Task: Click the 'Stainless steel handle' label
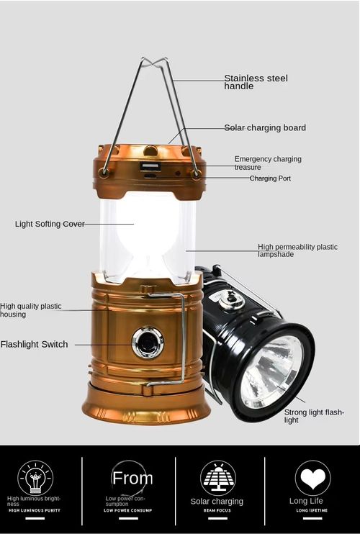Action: click(x=256, y=82)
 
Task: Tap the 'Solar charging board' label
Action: click(x=265, y=127)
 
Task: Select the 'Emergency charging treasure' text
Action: click(x=267, y=163)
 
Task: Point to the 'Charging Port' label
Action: click(x=270, y=178)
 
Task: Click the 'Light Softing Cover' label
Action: click(x=50, y=224)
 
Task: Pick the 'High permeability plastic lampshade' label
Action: click(x=297, y=250)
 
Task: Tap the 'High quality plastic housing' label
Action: click(x=30, y=310)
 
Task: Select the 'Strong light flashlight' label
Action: click(x=314, y=416)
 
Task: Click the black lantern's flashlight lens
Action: click(x=272, y=371)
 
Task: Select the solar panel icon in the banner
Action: click(x=217, y=477)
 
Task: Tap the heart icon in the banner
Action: click(x=312, y=477)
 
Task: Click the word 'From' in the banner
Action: click(x=132, y=479)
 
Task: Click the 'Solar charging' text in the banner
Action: click(x=217, y=502)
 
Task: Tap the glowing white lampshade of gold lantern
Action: click(x=148, y=234)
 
